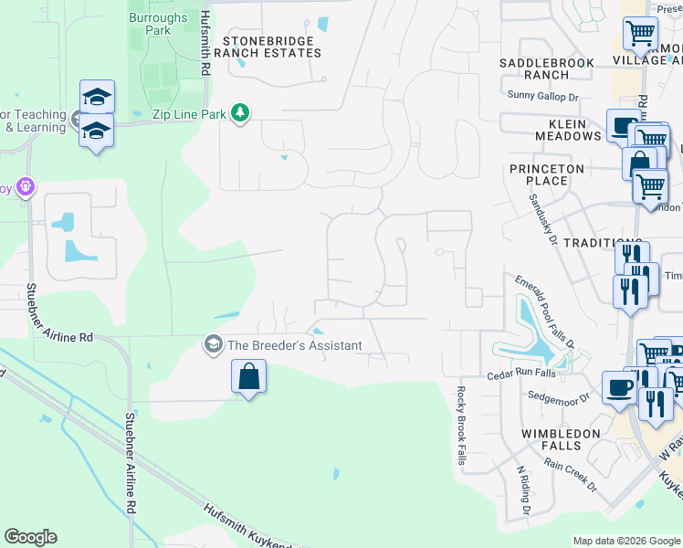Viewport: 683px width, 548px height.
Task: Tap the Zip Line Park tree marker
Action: (x=240, y=112)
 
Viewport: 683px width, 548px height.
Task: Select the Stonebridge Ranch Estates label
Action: (x=271, y=47)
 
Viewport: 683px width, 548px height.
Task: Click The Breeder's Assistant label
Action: (x=294, y=345)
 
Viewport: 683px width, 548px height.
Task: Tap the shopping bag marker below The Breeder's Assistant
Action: (x=249, y=377)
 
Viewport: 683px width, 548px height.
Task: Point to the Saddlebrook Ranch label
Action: (x=547, y=68)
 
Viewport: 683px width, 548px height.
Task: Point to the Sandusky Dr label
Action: (x=541, y=219)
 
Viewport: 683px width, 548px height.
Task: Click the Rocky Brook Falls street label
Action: (x=461, y=426)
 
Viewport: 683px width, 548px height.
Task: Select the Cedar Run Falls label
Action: (x=520, y=373)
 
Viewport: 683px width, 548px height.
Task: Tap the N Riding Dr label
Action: (x=522, y=490)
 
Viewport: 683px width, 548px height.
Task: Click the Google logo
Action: (x=30, y=537)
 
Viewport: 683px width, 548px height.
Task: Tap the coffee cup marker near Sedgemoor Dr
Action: (x=619, y=387)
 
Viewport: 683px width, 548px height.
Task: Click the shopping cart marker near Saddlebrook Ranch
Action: (x=640, y=34)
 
